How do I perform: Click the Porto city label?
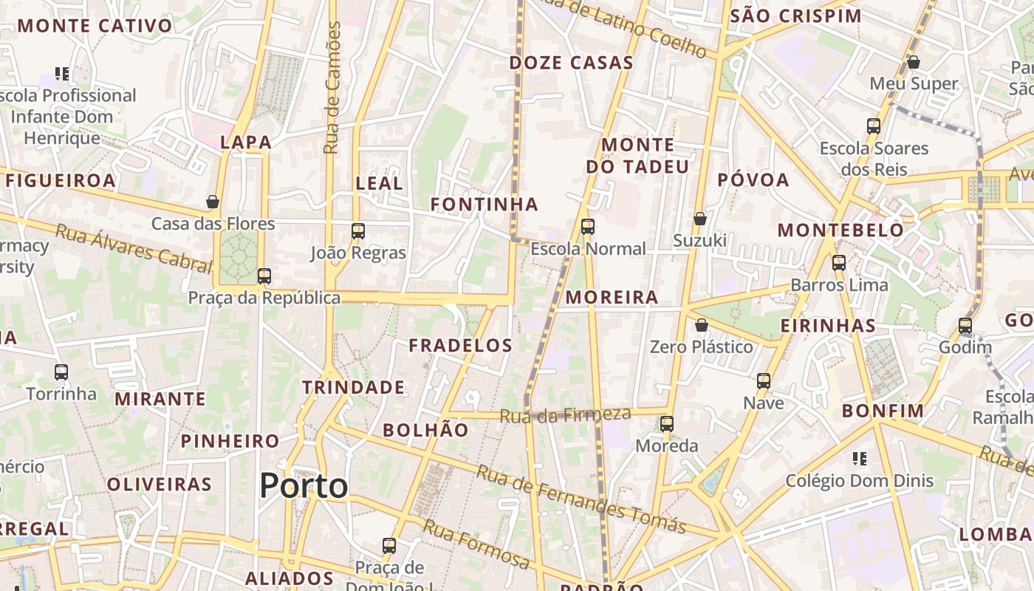point(304,485)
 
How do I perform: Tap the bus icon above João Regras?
point(358,231)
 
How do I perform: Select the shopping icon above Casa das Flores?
point(213,202)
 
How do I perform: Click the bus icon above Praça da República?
point(264,276)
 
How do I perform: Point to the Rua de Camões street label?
point(332,88)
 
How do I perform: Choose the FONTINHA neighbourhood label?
point(485,204)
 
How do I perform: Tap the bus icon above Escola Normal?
point(588,227)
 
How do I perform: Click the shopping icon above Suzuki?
point(700,219)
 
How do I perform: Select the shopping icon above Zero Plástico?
point(702,325)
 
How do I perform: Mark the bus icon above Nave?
point(764,381)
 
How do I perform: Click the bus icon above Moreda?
point(667,424)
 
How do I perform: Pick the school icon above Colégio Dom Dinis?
point(859,459)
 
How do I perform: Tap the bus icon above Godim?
point(965,325)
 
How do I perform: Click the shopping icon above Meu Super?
point(914,62)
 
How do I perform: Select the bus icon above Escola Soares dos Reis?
point(874,126)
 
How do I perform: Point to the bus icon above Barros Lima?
point(839,262)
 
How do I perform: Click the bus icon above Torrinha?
point(61,372)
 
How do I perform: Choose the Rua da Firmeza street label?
point(566,415)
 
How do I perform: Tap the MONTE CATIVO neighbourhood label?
point(95,26)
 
